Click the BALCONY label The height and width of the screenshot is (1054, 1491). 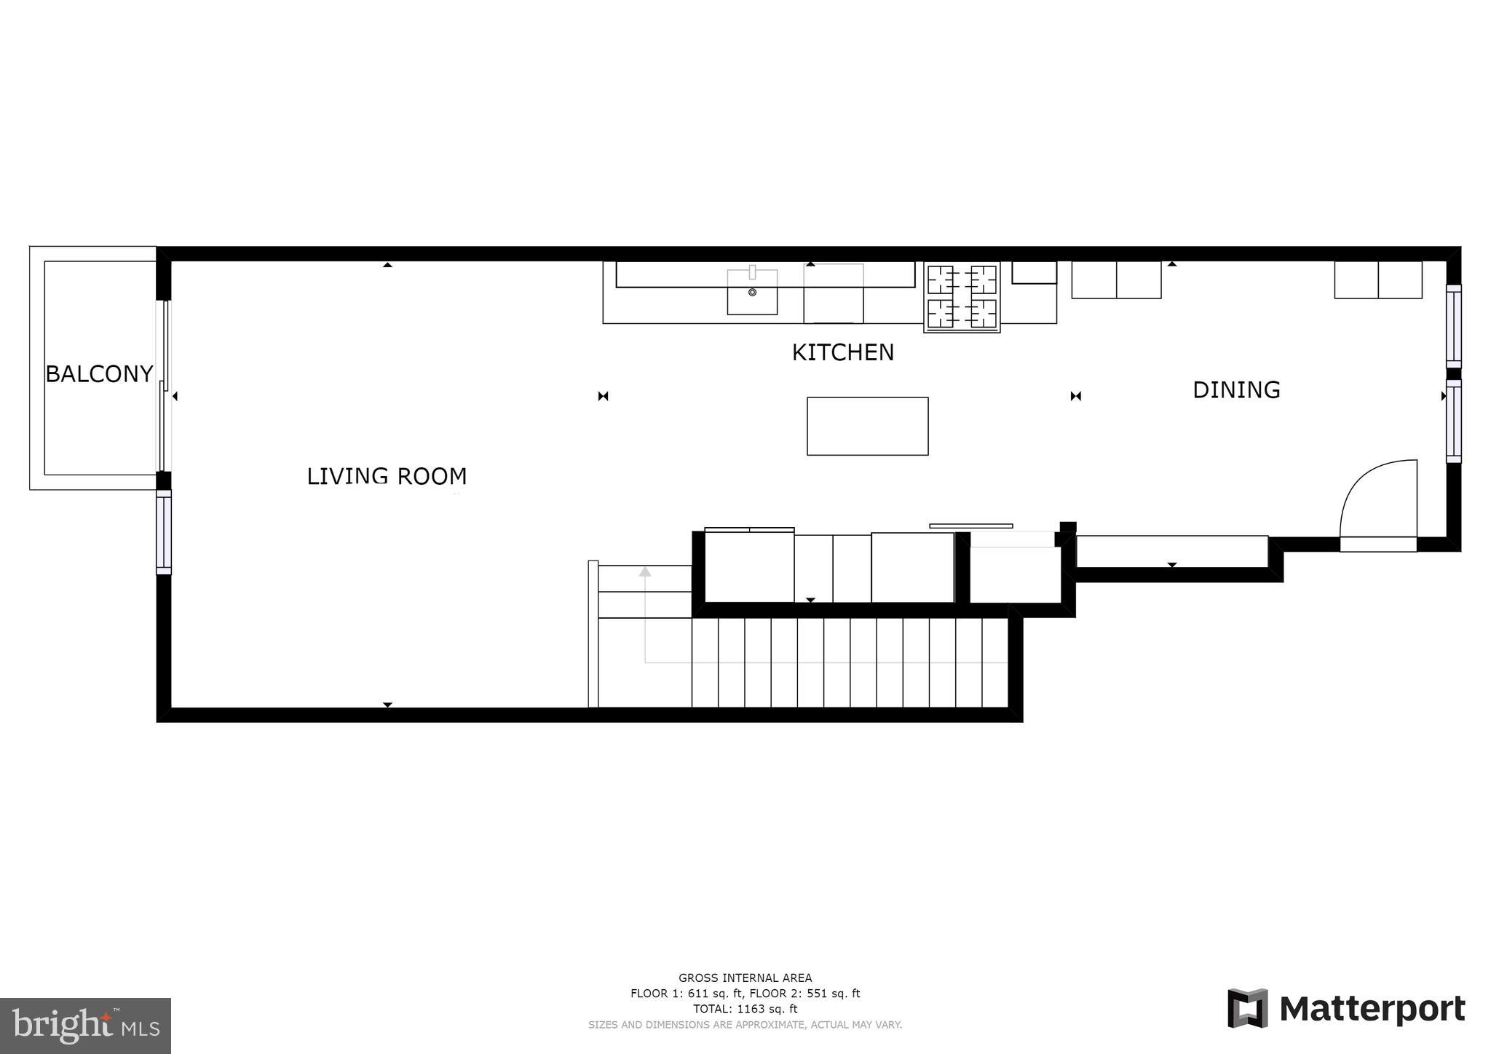(99, 374)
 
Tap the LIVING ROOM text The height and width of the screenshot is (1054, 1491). (387, 477)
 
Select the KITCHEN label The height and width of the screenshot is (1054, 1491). (842, 353)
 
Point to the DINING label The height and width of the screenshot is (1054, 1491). (1235, 390)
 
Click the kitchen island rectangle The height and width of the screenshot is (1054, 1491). (867, 427)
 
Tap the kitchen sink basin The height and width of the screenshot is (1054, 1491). (752, 293)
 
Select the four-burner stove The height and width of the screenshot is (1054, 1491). (962, 297)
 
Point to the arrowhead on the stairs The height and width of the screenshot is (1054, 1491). (645, 572)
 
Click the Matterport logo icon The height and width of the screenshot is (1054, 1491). (1247, 1008)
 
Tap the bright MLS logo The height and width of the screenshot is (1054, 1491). (85, 1026)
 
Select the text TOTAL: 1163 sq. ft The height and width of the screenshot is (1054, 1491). (745, 1009)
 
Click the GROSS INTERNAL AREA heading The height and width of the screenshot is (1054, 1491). (745, 978)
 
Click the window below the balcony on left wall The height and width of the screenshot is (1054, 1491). (165, 532)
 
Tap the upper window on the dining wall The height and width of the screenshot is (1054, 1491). (1453, 326)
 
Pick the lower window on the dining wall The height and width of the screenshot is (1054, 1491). (1453, 421)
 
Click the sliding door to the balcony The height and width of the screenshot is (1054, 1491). (165, 386)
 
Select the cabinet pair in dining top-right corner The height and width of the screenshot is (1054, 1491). (1377, 280)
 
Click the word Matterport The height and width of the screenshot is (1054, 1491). (1372, 1010)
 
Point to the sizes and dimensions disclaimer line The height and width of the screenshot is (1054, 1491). (745, 1025)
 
